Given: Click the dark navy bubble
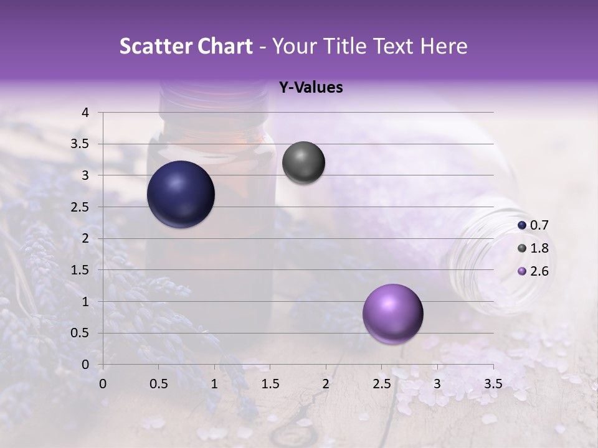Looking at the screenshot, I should click(181, 194).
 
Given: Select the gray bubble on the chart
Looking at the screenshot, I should click(303, 163).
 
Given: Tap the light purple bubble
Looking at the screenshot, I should click(392, 314).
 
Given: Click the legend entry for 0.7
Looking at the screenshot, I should click(533, 225).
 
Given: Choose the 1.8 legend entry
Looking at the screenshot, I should click(533, 248).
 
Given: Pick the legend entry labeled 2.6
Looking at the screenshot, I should click(533, 271).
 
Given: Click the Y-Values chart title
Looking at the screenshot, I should click(310, 88).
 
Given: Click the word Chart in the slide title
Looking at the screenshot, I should click(224, 46).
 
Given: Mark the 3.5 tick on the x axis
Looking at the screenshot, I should click(493, 384).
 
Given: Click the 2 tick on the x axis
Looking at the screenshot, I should click(325, 384).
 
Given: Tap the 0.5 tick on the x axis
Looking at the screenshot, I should click(159, 384).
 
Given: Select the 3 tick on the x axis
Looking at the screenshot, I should click(437, 384).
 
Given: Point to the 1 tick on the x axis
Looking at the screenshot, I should click(214, 384).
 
